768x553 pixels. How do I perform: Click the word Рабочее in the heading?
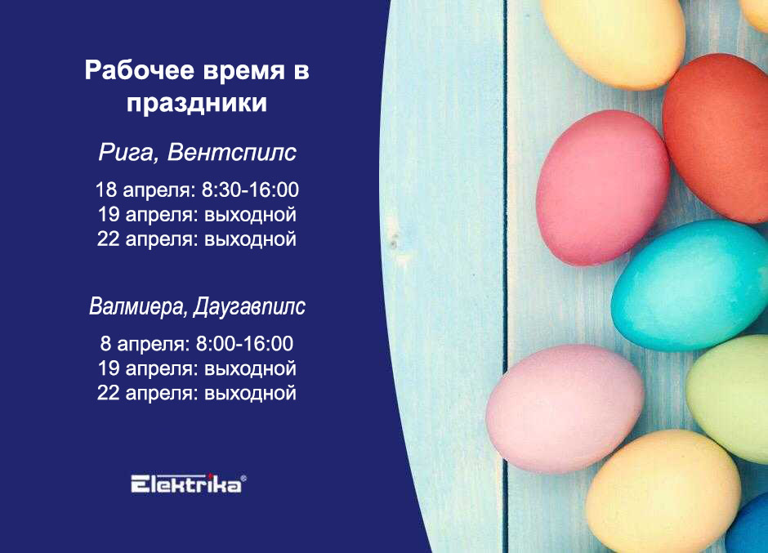point(139,69)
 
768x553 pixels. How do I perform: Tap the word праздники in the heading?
point(197,103)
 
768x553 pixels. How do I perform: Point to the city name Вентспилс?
point(232,152)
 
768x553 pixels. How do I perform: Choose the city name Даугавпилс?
point(249,307)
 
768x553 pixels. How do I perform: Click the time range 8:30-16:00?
point(250,190)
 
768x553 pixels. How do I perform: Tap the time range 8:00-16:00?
point(244,343)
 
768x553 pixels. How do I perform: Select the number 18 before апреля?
point(105,190)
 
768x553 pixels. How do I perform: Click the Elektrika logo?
point(186,484)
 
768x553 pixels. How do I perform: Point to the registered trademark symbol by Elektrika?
point(243,478)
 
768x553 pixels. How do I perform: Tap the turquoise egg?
point(690,285)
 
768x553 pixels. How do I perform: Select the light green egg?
point(728,398)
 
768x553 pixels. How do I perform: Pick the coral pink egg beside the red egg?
point(603,188)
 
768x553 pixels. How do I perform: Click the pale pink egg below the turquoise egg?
point(565,408)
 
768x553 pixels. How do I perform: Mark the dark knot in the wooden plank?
point(392,242)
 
